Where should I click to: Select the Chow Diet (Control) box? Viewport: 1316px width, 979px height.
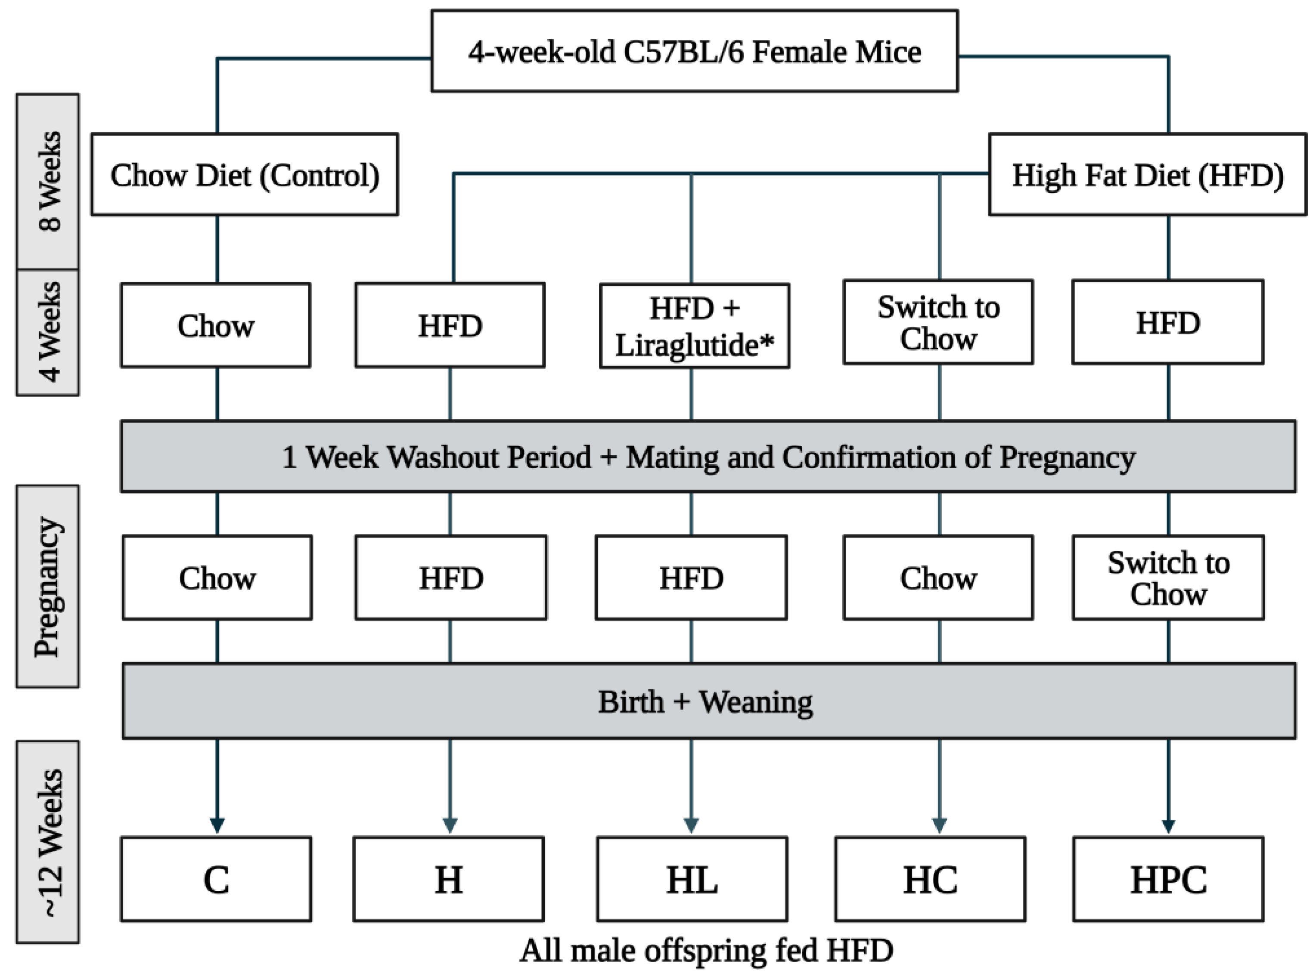coord(244,174)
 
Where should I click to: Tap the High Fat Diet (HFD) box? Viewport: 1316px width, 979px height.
coord(1147,174)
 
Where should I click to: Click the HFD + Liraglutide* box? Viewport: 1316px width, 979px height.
coord(694,326)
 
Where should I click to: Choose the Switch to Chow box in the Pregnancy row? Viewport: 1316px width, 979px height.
coord(1168,578)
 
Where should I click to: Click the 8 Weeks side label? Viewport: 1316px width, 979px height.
coord(47,181)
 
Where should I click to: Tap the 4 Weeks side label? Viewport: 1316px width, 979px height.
coord(47,332)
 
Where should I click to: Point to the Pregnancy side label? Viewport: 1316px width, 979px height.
coord(47,586)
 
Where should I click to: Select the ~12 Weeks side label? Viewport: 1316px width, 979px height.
coord(47,842)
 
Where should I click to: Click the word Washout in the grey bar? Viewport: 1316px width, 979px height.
coord(442,457)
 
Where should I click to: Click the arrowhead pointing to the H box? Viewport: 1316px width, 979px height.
coord(450,825)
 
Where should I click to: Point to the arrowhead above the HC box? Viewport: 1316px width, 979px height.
coord(939,825)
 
